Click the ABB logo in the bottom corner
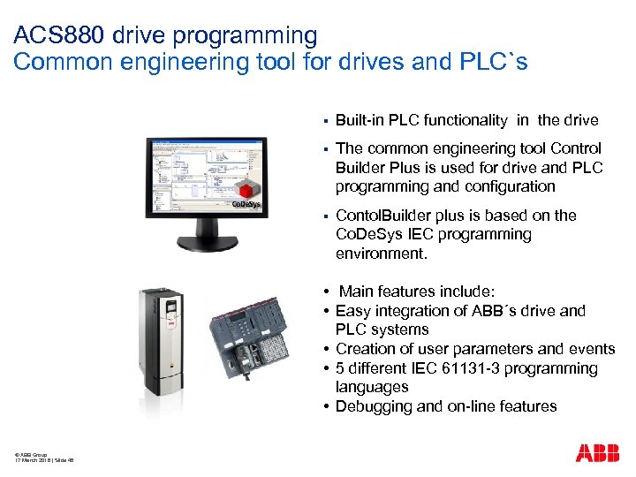[x=598, y=453]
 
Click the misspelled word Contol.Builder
[x=390, y=216]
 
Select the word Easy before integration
[x=352, y=311]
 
